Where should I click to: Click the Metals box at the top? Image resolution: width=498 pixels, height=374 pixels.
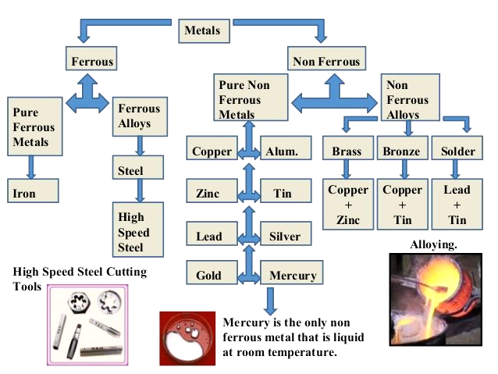pos(204,31)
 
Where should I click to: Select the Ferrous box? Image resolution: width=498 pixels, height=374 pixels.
pos(91,59)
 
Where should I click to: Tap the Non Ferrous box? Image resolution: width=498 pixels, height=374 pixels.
pos(326,59)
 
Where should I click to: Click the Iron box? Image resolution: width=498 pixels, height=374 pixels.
pos(33,191)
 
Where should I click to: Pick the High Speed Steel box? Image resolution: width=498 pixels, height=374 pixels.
pos(138,230)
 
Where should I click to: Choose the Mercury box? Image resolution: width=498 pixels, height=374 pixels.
pos(292,272)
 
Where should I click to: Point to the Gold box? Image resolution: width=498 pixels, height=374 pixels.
pos(212,272)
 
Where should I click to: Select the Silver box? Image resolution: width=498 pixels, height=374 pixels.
pos(286,233)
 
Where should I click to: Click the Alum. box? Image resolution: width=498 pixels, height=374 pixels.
pos(286,148)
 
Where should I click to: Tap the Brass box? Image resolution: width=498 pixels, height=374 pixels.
pos(348,148)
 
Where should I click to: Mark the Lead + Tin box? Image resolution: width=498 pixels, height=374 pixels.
pos(457,204)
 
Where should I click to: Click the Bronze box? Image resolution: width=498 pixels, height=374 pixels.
pos(403,148)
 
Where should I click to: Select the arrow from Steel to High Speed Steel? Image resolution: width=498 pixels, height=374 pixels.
pos(140,191)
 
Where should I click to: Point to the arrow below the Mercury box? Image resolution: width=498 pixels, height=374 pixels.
pos(270,301)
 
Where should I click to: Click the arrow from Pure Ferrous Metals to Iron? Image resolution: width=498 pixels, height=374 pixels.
pos(31,167)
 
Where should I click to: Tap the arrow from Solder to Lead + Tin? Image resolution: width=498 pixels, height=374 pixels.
pos(455,169)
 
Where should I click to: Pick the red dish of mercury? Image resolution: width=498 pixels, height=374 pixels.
pos(187,338)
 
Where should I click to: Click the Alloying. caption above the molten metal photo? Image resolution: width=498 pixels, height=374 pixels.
pos(433,244)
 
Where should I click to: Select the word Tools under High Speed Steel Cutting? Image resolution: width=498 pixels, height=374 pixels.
pos(27,287)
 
